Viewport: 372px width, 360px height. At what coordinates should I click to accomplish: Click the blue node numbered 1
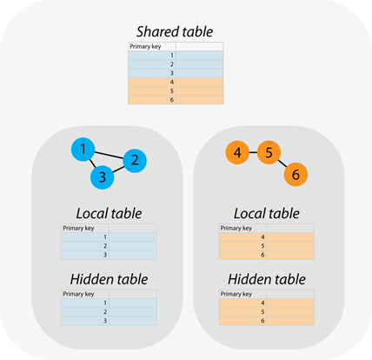click(x=83, y=150)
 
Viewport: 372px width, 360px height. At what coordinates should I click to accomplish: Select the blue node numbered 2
click(x=135, y=161)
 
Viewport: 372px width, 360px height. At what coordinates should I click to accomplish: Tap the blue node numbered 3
click(x=103, y=177)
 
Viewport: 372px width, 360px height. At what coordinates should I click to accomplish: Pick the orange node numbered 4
click(x=237, y=152)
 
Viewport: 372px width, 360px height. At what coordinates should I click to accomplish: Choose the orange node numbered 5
click(x=269, y=152)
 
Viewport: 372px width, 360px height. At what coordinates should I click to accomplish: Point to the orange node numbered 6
click(x=296, y=175)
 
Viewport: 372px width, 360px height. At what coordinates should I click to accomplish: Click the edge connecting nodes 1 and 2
click(x=109, y=155)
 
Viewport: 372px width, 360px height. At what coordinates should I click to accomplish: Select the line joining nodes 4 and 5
click(x=253, y=152)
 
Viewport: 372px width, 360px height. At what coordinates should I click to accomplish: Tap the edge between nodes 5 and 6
click(x=282, y=163)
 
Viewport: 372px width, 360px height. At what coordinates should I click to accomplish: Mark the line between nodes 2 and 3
click(x=118, y=169)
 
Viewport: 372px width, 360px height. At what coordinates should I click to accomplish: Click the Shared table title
click(x=175, y=31)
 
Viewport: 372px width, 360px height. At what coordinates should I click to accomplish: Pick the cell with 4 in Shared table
click(x=152, y=82)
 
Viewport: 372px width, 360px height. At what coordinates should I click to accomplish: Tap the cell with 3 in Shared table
click(x=152, y=73)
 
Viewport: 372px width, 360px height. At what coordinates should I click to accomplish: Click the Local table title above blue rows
click(x=109, y=213)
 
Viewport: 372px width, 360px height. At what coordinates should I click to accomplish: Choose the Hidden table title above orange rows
click(x=267, y=279)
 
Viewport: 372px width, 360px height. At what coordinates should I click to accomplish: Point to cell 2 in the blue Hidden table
click(x=85, y=312)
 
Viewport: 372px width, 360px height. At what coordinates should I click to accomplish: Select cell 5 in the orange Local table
click(x=242, y=246)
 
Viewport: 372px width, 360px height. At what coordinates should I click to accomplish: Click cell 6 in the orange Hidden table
click(x=242, y=321)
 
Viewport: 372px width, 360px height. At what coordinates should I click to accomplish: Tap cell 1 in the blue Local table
click(x=85, y=237)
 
